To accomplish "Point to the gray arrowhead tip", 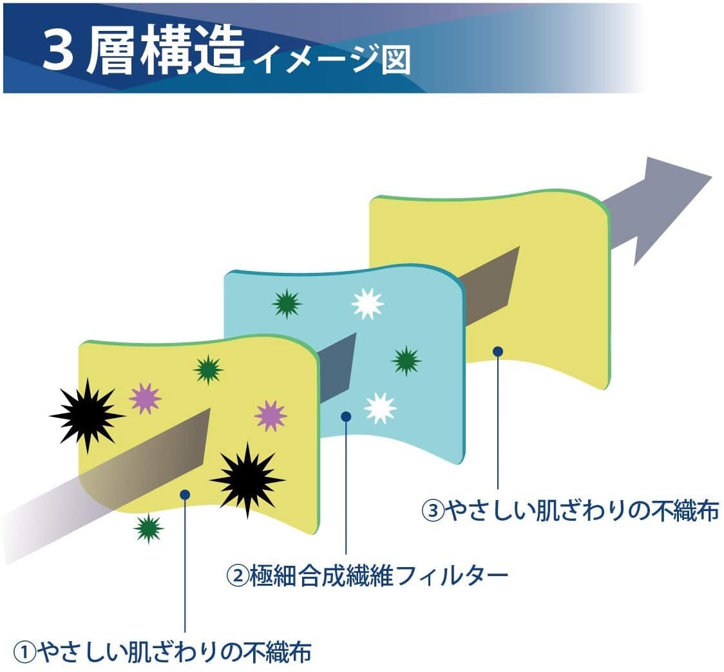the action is pos(712,176).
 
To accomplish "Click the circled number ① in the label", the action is pos(24,652).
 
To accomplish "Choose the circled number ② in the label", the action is pos(237,576).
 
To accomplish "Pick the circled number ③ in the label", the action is pos(433,511).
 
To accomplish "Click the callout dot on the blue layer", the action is pos(346,416).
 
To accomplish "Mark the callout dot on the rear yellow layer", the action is pos(498,351).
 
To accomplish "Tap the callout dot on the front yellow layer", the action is pos(185,495).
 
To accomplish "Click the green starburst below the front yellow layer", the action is pos(148,528).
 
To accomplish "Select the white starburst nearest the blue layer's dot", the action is pos(380,408).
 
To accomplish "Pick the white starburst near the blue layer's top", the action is pos(368,304).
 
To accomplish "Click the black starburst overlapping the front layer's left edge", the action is pos(87,415).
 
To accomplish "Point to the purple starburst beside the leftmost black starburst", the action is pos(145,398).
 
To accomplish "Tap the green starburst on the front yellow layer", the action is pos(208,369).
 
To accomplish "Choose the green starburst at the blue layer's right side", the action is pos(406,360).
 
